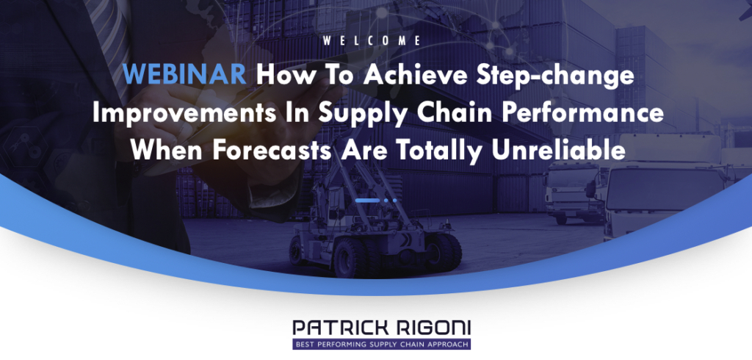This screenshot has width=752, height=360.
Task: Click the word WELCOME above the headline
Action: [x=372, y=41]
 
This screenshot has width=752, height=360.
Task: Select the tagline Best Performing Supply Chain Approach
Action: [x=381, y=344]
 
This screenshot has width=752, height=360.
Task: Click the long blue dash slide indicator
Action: [x=368, y=200]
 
